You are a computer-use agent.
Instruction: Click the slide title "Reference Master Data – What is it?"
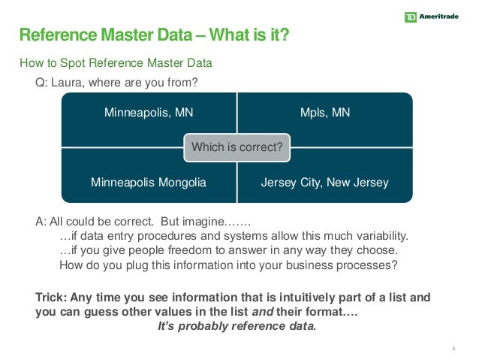pyautogui.click(x=153, y=35)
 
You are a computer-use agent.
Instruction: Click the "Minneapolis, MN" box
pyautogui.click(x=149, y=113)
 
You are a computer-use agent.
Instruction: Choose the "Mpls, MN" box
pyautogui.click(x=325, y=113)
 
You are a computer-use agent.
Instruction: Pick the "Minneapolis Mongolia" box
pyautogui.click(x=149, y=183)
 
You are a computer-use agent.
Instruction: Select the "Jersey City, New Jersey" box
pyautogui.click(x=325, y=183)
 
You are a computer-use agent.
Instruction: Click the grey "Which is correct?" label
pyautogui.click(x=237, y=147)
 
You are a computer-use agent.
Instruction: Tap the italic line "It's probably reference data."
pyautogui.click(x=236, y=326)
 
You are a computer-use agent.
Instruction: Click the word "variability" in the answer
pyautogui.click(x=380, y=236)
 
